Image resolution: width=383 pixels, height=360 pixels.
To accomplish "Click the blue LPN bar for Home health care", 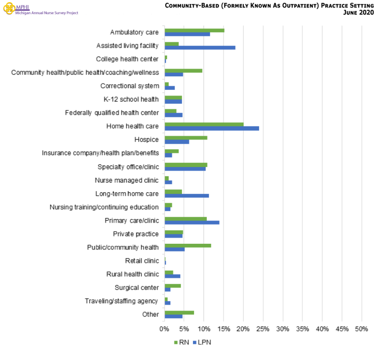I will pyautogui.click(x=212, y=128).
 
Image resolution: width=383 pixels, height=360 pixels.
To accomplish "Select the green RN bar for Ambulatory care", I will pyautogui.click(x=194, y=30).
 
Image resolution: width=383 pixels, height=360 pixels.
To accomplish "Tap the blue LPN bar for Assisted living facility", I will pyautogui.click(x=200, y=47).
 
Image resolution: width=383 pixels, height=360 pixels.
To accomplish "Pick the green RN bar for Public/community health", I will pyautogui.click(x=188, y=246).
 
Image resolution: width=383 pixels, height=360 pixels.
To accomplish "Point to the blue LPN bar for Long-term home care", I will pyautogui.click(x=187, y=196).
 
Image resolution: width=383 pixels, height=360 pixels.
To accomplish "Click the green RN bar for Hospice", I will pyautogui.click(x=186, y=138).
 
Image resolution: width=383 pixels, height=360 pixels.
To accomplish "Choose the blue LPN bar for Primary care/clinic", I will pyautogui.click(x=192, y=222).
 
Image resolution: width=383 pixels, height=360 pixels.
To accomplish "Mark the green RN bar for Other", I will pyautogui.click(x=179, y=313).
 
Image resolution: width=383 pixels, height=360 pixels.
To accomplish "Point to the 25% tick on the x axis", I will pyautogui.click(x=263, y=329).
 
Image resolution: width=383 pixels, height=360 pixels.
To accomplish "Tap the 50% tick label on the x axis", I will pyautogui.click(x=361, y=329).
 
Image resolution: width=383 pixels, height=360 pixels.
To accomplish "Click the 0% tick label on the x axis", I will pyautogui.click(x=165, y=329).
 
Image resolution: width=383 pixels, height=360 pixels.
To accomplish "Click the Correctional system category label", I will pyautogui.click(x=129, y=86).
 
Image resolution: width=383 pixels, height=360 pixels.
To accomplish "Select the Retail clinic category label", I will pyautogui.click(x=142, y=261).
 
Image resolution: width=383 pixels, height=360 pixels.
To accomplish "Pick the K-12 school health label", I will pyautogui.click(x=131, y=99).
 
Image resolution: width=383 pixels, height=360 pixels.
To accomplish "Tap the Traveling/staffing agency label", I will pyautogui.click(x=122, y=301).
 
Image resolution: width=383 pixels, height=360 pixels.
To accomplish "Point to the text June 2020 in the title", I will pyautogui.click(x=358, y=12).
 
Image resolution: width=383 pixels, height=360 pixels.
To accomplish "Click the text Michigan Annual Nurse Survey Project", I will pyautogui.click(x=47, y=13).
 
